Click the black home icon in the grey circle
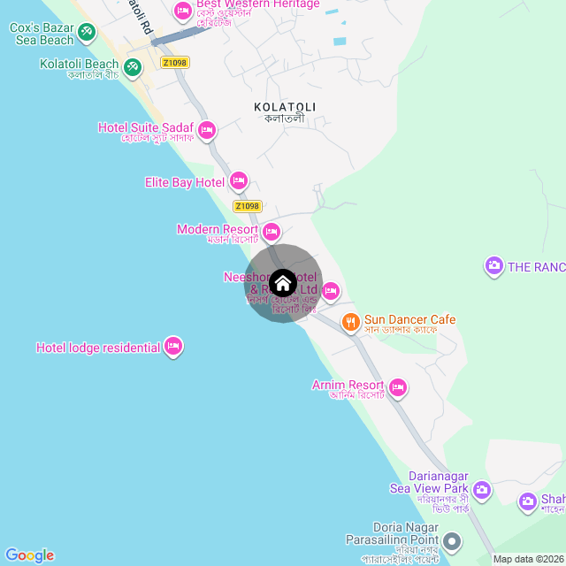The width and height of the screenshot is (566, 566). pyautogui.click(x=283, y=284)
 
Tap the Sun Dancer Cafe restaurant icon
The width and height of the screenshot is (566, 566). pyautogui.click(x=351, y=321)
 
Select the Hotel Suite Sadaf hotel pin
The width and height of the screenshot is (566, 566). pyautogui.click(x=207, y=131)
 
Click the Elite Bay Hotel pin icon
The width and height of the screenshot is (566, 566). pyautogui.click(x=238, y=182)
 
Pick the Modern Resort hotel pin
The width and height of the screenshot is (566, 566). pyautogui.click(x=272, y=231)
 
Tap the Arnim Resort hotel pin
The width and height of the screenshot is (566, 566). pyautogui.click(x=398, y=386)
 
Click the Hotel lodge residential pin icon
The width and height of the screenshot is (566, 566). pyautogui.click(x=173, y=347)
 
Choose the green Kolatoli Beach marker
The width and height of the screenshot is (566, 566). pyautogui.click(x=132, y=66)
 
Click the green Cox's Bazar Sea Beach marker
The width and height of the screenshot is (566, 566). pyautogui.click(x=87, y=34)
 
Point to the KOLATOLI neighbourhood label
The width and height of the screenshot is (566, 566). pyautogui.click(x=285, y=107)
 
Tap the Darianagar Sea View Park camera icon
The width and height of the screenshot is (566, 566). pyautogui.click(x=482, y=488)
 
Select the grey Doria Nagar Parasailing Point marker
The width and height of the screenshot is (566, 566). pyautogui.click(x=452, y=540)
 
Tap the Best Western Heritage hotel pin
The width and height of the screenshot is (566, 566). pyautogui.click(x=183, y=11)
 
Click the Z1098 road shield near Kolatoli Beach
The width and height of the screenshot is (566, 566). pyautogui.click(x=175, y=63)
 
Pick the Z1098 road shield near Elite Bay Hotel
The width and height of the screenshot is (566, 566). pyautogui.click(x=248, y=206)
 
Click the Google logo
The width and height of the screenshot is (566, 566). pyautogui.click(x=29, y=555)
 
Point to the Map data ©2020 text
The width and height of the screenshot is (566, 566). pyautogui.click(x=527, y=559)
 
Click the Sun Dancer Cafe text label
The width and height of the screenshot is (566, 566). pyautogui.click(x=410, y=319)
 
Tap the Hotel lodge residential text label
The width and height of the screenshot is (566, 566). pyautogui.click(x=98, y=348)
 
